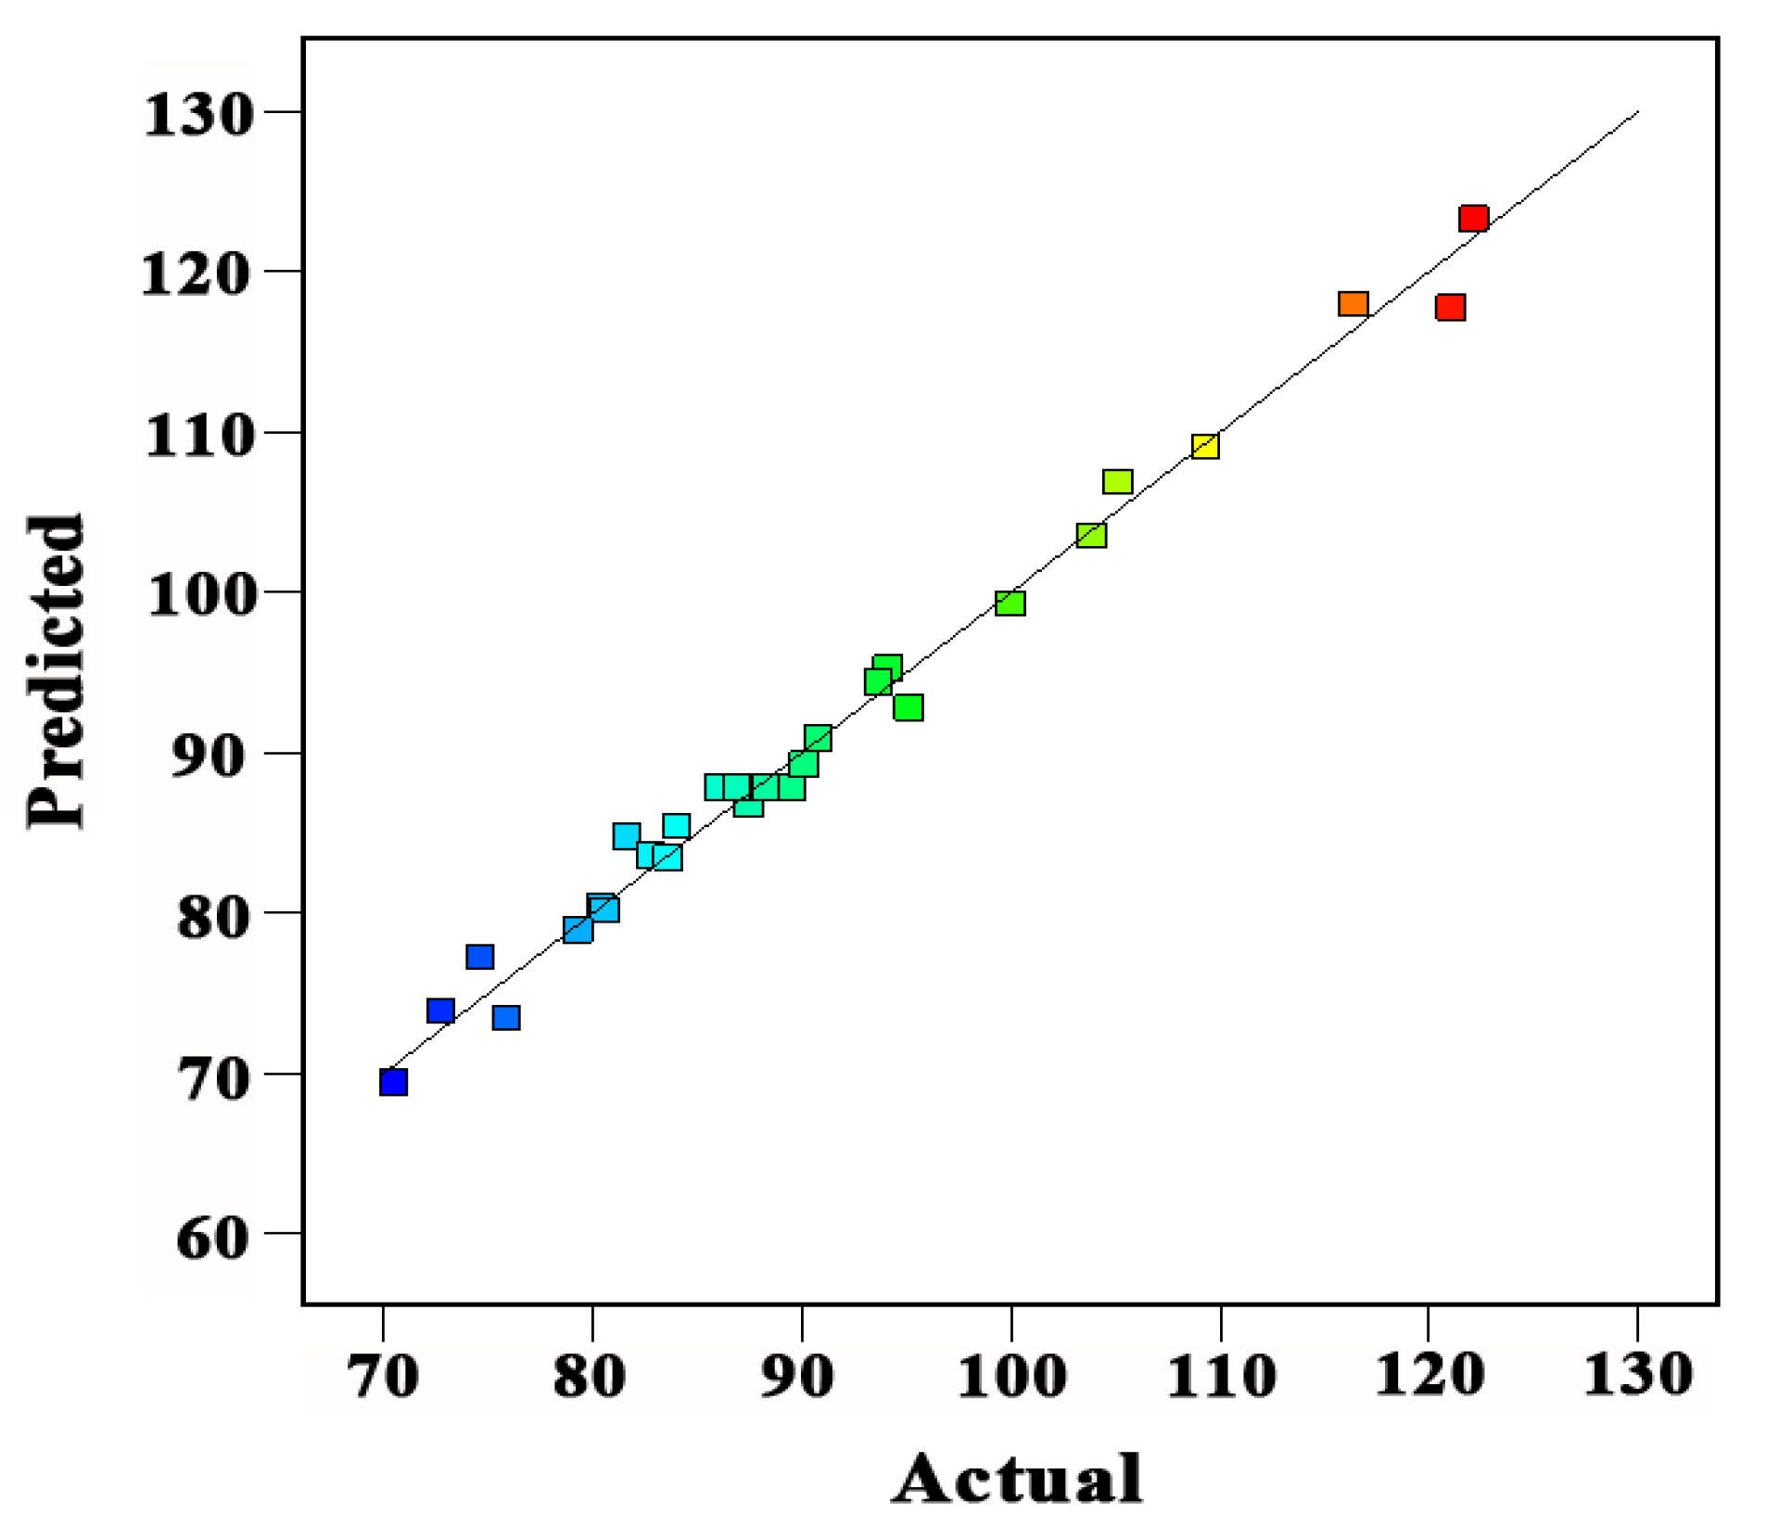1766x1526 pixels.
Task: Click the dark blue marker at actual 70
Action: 393,1082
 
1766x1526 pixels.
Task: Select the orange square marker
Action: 1353,304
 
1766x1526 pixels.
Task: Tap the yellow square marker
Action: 1204,447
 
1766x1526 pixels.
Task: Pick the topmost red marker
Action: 1473,219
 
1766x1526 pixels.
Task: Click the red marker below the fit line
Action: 1450,308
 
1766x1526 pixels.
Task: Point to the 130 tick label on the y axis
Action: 197,115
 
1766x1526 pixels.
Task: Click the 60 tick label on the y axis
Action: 213,1237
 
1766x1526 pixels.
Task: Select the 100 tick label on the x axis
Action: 1010,1376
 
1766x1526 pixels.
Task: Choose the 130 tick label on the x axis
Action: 1638,1376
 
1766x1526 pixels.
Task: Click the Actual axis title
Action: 1017,1478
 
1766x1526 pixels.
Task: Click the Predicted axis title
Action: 56,671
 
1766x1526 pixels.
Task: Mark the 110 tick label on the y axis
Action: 197,435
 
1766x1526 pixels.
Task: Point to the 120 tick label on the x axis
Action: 1429,1376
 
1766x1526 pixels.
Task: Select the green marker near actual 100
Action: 1010,604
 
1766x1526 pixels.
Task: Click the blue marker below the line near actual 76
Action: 505,1018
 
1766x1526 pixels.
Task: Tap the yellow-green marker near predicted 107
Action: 1117,482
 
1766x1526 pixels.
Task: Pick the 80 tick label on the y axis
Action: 213,916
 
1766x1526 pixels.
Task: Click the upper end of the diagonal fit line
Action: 1636,113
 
